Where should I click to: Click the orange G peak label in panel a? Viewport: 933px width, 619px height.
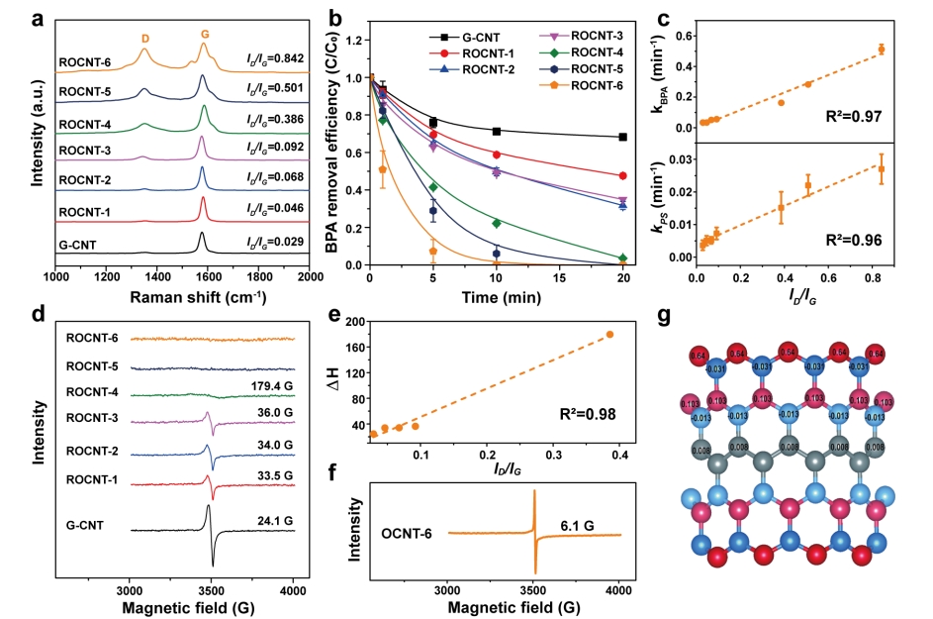coord(204,34)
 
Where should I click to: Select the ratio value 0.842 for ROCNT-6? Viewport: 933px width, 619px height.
coord(268,63)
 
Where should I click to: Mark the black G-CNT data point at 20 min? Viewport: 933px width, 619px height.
coord(622,137)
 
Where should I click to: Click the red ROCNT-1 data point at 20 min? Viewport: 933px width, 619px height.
coord(622,175)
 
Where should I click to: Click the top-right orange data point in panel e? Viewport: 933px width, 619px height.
coord(609,334)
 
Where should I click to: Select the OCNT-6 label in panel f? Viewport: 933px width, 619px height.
coord(406,534)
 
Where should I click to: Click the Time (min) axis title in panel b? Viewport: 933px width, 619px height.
coord(495,295)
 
